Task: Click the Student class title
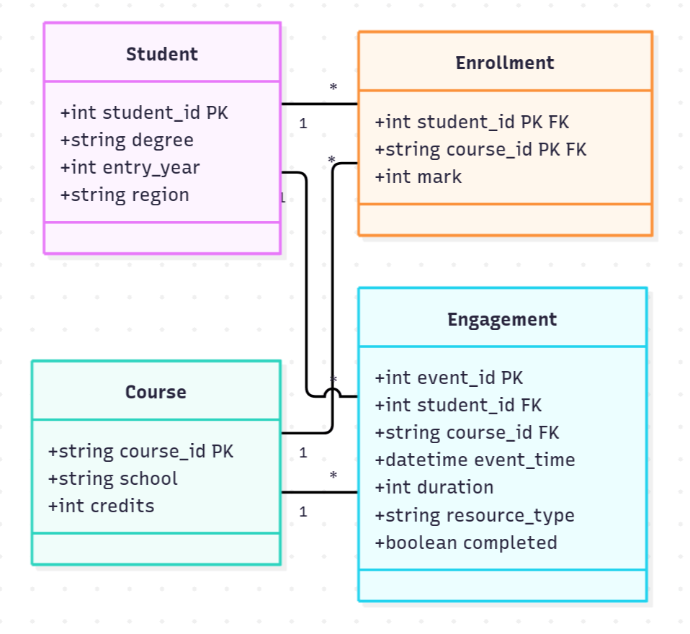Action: [x=162, y=54]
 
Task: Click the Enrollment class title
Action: [x=505, y=63]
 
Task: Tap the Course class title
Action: [x=156, y=392]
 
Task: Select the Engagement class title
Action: [x=502, y=319]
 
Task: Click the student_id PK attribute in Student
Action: [x=144, y=112]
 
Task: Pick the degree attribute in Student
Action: [x=127, y=140]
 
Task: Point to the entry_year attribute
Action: [x=130, y=167]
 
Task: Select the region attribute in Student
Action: [x=125, y=195]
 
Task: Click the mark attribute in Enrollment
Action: [x=418, y=177]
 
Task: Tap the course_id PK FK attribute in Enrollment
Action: [x=480, y=149]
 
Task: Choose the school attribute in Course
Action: [x=112, y=478]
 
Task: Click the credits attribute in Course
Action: [x=102, y=506]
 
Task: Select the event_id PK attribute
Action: [x=449, y=378]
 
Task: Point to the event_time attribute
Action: [x=475, y=460]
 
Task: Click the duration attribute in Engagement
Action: [x=434, y=487]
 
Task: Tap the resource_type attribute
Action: [x=475, y=515]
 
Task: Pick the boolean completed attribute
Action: [x=466, y=543]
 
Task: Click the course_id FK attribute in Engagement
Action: [x=467, y=432]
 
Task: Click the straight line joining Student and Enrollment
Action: [x=320, y=104]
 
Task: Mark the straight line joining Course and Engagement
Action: [x=320, y=492]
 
